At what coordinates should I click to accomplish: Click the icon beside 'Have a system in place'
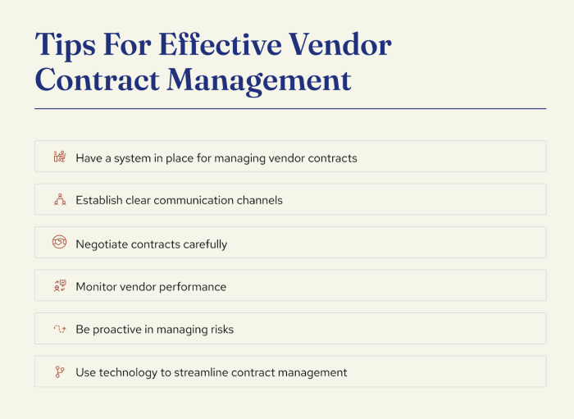pos(59,157)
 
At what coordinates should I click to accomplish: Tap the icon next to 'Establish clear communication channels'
pos(59,200)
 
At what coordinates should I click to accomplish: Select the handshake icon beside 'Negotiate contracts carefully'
pos(59,244)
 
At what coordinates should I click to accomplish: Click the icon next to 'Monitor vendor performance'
pos(59,286)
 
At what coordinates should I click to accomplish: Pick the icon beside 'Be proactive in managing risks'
pos(59,330)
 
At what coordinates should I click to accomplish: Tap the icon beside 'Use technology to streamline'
pos(59,372)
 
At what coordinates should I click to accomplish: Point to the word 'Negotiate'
pos(102,244)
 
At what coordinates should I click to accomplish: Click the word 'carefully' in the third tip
pos(203,244)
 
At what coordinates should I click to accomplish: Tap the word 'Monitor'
pos(96,287)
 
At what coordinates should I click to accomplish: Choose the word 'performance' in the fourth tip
pos(194,287)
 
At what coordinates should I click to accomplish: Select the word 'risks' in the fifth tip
pos(219,330)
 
